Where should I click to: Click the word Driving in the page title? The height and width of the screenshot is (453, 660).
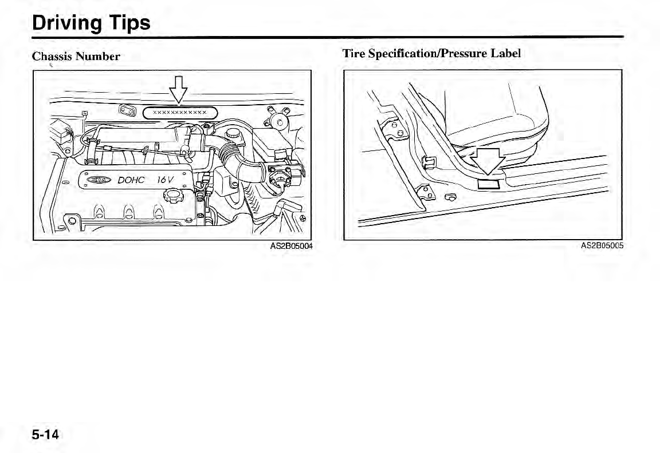pos(64,23)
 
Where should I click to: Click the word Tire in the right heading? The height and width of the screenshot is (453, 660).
pos(353,53)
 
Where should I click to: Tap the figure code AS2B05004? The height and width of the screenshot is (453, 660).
pos(292,247)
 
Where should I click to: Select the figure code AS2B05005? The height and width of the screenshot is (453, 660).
pos(602,246)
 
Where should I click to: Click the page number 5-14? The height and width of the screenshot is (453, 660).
pos(45,435)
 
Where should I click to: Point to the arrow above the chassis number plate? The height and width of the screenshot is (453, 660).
pos(179,91)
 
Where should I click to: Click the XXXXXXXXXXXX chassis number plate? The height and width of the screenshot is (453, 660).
pos(179,113)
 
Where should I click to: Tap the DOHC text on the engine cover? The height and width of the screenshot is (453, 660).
pos(131,181)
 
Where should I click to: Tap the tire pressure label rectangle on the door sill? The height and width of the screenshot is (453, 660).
pos(488,183)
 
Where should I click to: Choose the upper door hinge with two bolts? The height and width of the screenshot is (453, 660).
pos(395,130)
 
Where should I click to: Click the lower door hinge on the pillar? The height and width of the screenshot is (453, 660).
pos(427,193)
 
